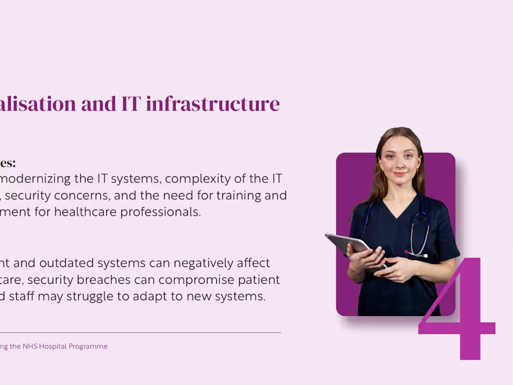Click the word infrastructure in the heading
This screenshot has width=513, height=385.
pos(213,104)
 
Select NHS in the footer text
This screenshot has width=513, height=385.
pos(30,346)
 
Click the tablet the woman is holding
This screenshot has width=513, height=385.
pos(345,243)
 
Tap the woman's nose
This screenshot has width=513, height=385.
pos(400,164)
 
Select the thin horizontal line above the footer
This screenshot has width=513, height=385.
pos(140,333)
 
